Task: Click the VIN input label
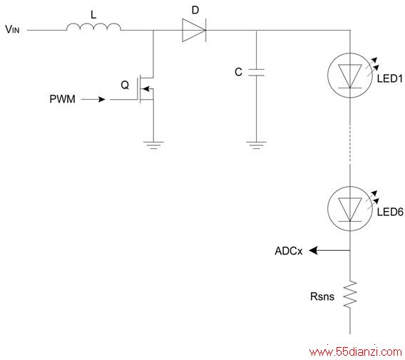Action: [x=12, y=29]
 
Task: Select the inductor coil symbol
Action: [x=93, y=27]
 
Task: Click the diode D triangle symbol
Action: [x=194, y=30]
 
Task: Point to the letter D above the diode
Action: [x=195, y=10]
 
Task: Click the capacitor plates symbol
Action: [x=256, y=73]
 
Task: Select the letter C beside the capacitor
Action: [x=238, y=72]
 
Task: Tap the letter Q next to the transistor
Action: [x=125, y=85]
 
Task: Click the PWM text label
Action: [x=62, y=99]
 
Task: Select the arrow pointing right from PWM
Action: [x=93, y=99]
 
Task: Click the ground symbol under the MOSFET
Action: [x=153, y=145]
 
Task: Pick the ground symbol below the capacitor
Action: [x=256, y=145]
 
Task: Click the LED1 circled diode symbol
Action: [x=350, y=76]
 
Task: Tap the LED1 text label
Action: [x=390, y=78]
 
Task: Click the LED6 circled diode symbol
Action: [x=350, y=209]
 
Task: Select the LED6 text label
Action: [x=390, y=212]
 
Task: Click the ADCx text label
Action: [x=289, y=251]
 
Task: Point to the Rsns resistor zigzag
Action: [x=350, y=294]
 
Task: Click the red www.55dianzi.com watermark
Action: [x=355, y=351]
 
